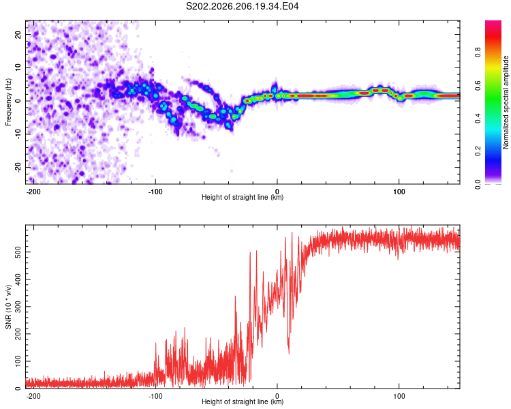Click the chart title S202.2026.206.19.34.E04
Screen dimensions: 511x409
(242, 6)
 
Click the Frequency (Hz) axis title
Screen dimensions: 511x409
(8, 102)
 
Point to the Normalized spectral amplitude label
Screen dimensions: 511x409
(506, 102)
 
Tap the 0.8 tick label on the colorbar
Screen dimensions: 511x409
(478, 52)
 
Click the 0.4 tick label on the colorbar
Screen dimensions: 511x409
(478, 119)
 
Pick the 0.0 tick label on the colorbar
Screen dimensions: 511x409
(478, 184)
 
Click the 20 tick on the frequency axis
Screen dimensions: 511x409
(18, 35)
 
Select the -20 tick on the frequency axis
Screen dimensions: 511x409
(18, 168)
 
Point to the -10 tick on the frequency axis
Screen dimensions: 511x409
(18, 134)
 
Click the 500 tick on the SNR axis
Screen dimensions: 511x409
(18, 252)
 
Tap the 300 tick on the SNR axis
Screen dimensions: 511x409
(18, 307)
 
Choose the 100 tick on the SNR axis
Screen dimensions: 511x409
(18, 361)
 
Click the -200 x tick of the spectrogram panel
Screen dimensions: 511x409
(33, 192)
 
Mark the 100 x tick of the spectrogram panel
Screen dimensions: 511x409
(399, 192)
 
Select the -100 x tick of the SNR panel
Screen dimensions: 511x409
(155, 396)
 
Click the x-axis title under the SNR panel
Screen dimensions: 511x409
(243, 402)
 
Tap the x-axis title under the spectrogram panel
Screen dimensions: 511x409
(243, 197)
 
